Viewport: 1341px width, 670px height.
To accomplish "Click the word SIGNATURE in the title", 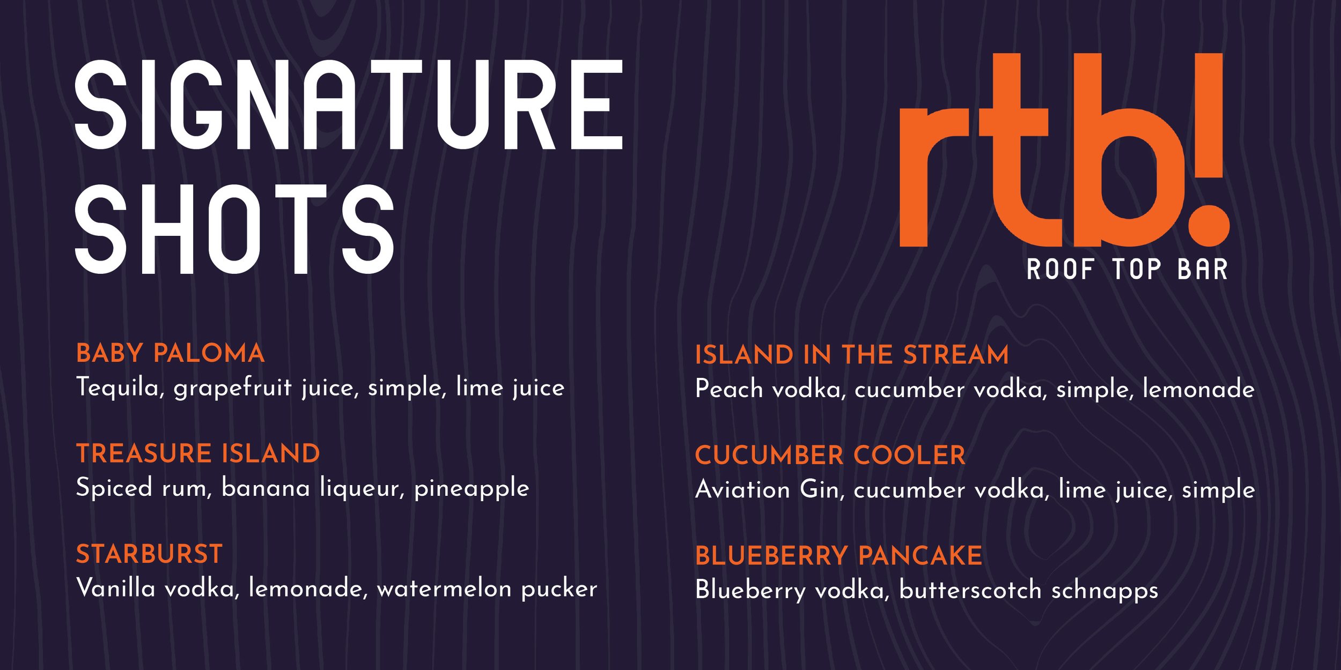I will click(349, 105).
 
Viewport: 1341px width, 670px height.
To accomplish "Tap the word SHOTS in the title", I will click(234, 229).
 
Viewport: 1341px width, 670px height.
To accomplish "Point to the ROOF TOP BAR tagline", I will click(1127, 269).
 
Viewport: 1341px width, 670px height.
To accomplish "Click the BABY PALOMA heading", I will click(171, 353).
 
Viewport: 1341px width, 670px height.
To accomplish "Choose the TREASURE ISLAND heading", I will click(198, 453).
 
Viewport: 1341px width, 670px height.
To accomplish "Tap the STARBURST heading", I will click(149, 554).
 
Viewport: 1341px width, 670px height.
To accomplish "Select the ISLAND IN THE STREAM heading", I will click(852, 355).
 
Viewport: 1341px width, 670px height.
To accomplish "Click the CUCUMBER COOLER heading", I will click(830, 456).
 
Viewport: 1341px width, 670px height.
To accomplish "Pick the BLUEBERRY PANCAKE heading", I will click(838, 556).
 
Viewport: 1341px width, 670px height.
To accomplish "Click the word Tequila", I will click(119, 388).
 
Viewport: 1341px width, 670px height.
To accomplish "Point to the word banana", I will click(266, 488).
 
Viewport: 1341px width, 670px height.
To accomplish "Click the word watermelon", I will click(444, 589).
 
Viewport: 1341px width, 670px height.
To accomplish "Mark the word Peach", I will click(728, 389).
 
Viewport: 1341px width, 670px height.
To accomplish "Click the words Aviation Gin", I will click(767, 489).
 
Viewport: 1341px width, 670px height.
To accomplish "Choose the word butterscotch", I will click(970, 590).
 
